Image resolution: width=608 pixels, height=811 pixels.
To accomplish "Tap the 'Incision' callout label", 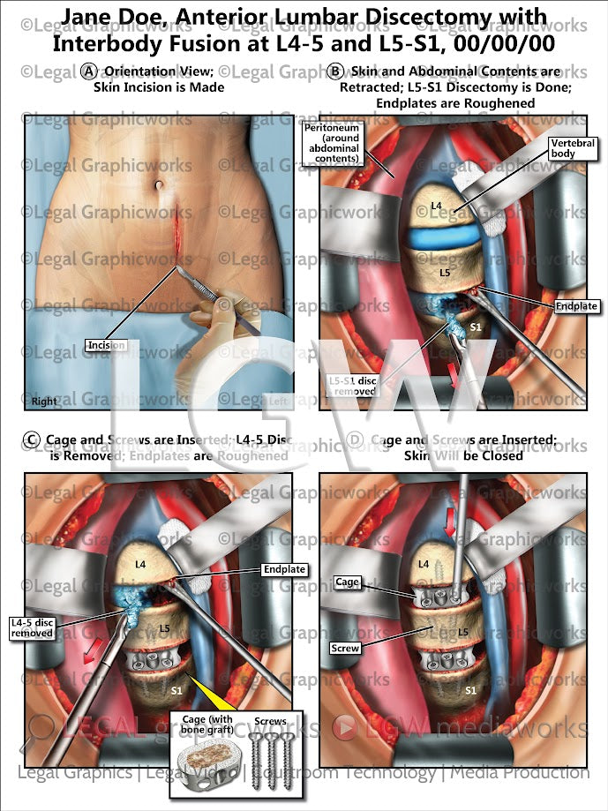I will (x=106, y=345).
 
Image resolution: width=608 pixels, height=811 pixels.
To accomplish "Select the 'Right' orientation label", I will (x=45, y=401).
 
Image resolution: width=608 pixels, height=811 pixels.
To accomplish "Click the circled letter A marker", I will (x=88, y=71).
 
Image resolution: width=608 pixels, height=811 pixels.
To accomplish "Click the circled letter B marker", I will (x=334, y=71).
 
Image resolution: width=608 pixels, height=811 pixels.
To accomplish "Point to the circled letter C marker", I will (x=32, y=439).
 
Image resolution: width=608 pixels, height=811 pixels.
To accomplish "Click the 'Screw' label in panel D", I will (x=346, y=648).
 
